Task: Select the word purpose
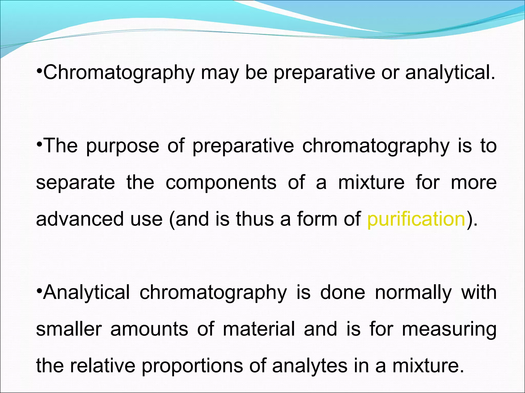(123, 146)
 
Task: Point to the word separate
(75, 183)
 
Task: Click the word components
(221, 183)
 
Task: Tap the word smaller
(69, 329)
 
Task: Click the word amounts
(149, 329)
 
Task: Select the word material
(259, 329)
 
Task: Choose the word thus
(255, 219)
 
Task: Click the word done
(342, 292)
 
